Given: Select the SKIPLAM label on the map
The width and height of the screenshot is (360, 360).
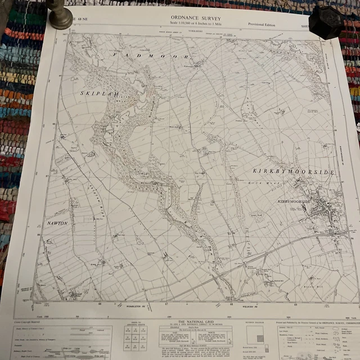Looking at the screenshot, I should [100, 94].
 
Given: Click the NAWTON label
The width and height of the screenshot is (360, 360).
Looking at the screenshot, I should [58, 223].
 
